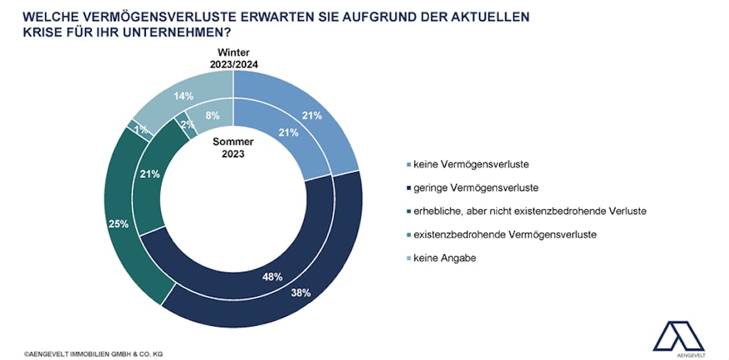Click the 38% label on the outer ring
point(300,292)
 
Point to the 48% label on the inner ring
point(272,276)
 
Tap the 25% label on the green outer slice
point(118,225)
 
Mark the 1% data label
point(140,130)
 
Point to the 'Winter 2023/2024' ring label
point(233,58)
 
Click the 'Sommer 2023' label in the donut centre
point(233,147)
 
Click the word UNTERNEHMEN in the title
point(185,32)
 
